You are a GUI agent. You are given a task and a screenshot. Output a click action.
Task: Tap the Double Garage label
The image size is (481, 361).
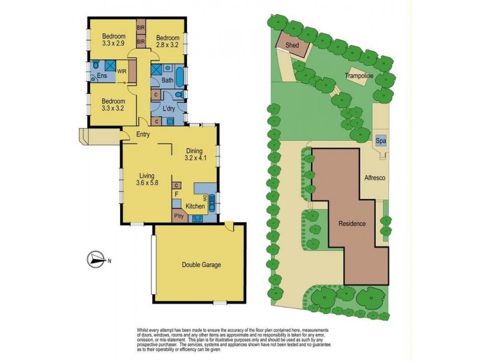(200, 265)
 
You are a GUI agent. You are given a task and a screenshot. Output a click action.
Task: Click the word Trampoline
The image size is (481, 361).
(360, 76)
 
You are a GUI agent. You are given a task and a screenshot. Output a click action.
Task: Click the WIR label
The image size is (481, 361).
(121, 72)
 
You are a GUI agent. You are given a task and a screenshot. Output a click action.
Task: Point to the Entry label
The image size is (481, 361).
(143, 134)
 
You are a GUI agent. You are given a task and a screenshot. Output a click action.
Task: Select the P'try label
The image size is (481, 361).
(179, 216)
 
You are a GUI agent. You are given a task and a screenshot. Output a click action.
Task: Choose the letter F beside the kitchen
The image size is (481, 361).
(176, 195)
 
